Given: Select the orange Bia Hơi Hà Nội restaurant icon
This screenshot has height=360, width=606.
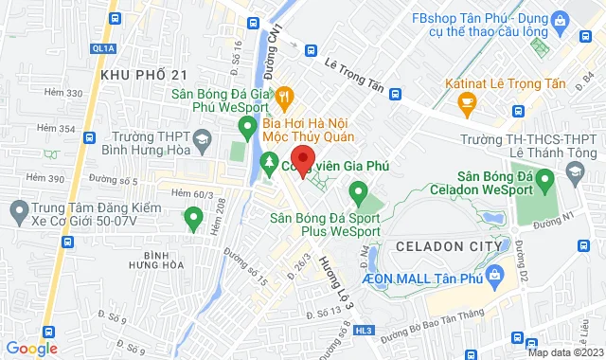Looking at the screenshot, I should click(x=283, y=95).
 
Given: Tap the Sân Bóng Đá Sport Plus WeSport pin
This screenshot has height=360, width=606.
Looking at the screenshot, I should click(x=359, y=196).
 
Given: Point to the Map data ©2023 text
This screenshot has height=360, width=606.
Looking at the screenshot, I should click(x=562, y=352).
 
